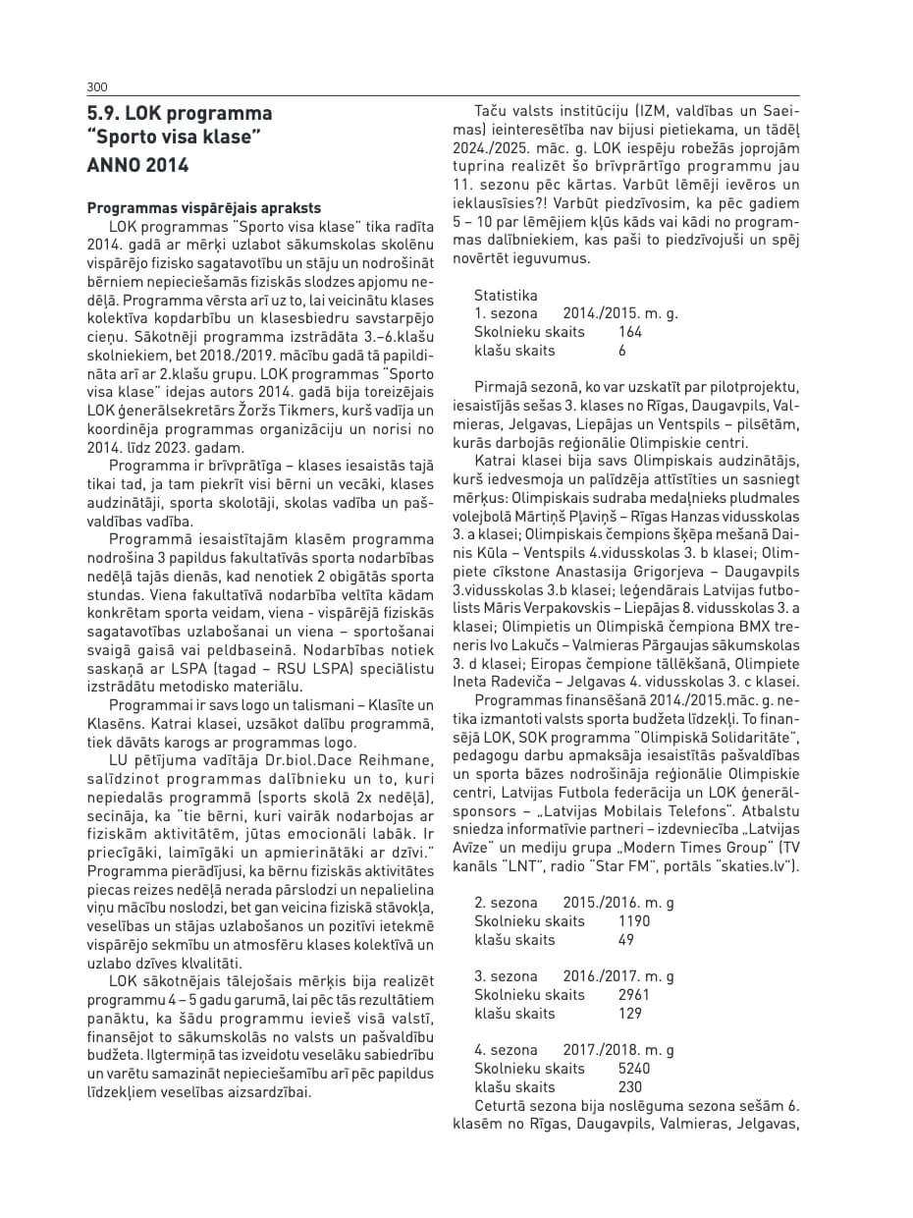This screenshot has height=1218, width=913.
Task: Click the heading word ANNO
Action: click(x=114, y=165)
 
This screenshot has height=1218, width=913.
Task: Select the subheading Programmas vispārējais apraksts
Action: click(x=204, y=208)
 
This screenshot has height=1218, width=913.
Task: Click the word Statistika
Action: click(x=506, y=295)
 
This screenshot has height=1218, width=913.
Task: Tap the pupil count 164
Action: click(x=630, y=332)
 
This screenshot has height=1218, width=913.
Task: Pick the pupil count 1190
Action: click(x=634, y=921)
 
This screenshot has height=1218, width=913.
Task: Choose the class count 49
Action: click(x=626, y=940)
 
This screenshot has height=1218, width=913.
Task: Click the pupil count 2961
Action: click(x=634, y=995)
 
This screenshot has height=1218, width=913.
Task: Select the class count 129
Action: click(x=630, y=1014)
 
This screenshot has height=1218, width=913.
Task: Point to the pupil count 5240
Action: click(x=634, y=1069)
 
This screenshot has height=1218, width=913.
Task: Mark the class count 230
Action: click(x=630, y=1087)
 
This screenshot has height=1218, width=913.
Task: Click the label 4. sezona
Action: click(x=506, y=1050)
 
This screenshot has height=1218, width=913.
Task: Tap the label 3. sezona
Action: click(x=506, y=976)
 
